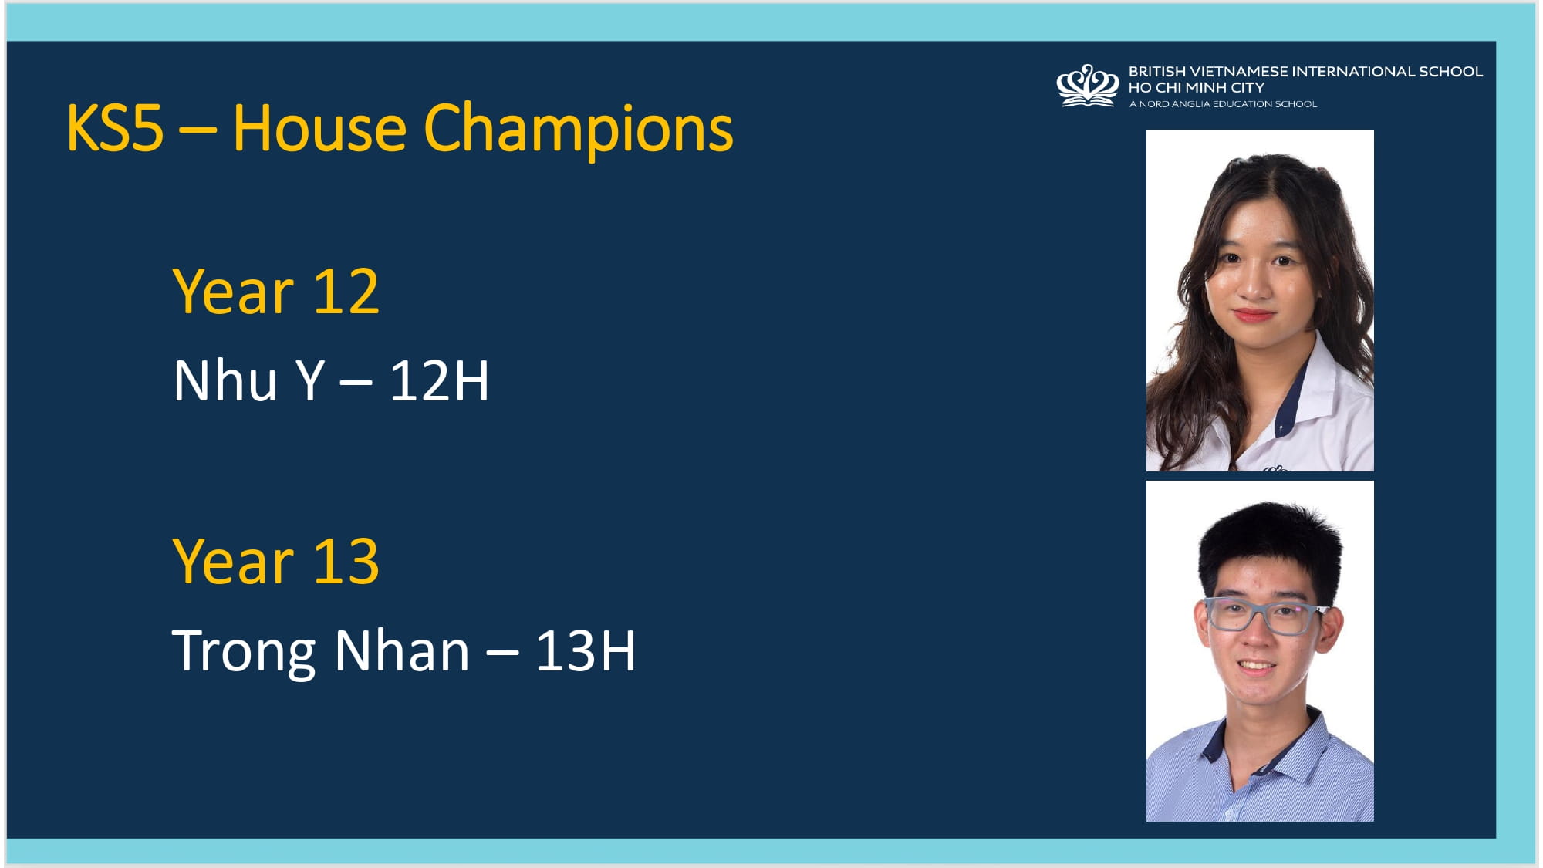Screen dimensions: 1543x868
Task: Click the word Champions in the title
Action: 578,130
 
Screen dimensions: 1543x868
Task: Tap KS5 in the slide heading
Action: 115,128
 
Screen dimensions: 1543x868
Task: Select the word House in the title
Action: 319,128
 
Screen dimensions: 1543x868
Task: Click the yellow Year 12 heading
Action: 276,292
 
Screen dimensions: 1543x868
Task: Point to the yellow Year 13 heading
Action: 276,562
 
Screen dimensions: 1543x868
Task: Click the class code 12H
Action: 439,381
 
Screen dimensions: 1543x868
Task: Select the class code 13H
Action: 586,651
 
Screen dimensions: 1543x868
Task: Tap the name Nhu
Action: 225,381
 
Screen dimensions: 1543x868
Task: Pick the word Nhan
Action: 402,651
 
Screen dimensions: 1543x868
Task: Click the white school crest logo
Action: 1088,86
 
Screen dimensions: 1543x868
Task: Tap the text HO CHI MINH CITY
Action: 1197,88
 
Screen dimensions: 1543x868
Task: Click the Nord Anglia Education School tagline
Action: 1223,104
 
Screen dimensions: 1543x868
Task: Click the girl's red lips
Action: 1253,314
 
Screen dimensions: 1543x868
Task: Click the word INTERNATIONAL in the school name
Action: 1354,72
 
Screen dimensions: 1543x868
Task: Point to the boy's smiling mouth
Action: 1255,666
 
